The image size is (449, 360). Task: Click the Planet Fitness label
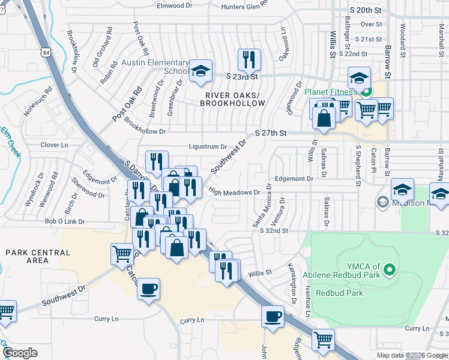pyautogui.click(x=330, y=92)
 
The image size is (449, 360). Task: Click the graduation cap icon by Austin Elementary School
pyautogui.click(x=200, y=71)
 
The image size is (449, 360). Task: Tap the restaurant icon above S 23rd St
pyautogui.click(x=249, y=59)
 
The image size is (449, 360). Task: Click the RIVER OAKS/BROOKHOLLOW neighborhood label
pyautogui.click(x=235, y=99)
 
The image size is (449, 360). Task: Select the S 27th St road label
pyautogui.click(x=271, y=132)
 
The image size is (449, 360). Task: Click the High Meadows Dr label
pyautogui.click(x=234, y=193)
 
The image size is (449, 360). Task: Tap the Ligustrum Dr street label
pyautogui.click(x=208, y=146)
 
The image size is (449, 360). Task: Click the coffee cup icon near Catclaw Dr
pyautogui.click(x=148, y=289)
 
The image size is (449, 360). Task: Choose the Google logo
pyautogui.click(x=20, y=353)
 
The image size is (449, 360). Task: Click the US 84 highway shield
pyautogui.click(x=47, y=52)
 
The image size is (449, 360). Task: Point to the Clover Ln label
pyautogui.click(x=55, y=145)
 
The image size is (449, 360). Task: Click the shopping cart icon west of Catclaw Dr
pyautogui.click(x=122, y=254)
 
